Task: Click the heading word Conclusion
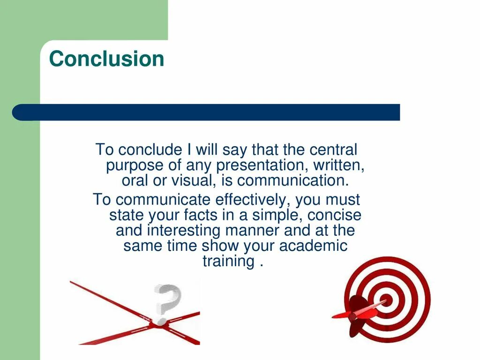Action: (x=106, y=59)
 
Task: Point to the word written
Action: (x=342, y=165)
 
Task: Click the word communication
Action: (x=293, y=180)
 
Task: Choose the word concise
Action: (x=337, y=215)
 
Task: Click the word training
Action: (x=228, y=261)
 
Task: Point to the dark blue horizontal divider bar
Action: (x=206, y=112)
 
